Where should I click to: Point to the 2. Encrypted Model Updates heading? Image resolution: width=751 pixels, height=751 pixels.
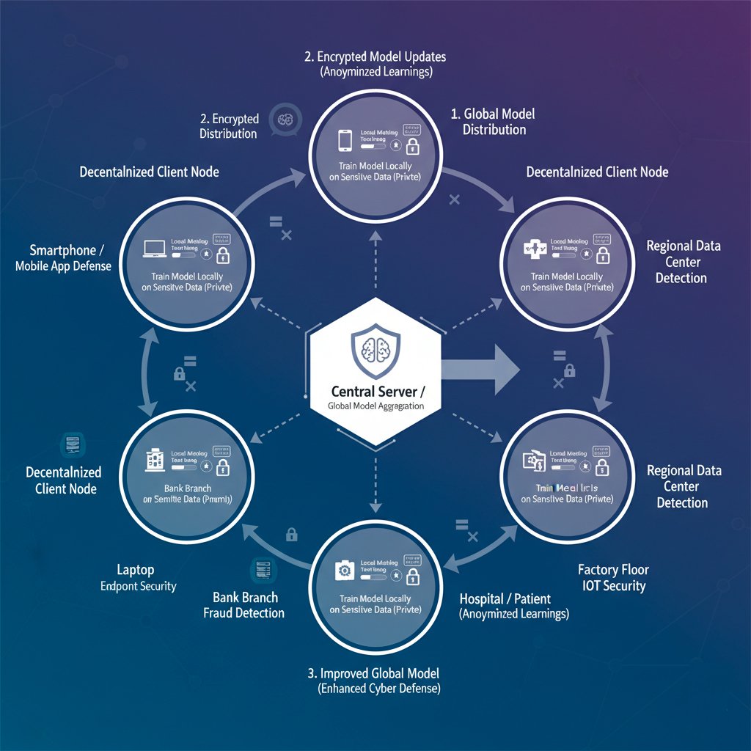click(375, 56)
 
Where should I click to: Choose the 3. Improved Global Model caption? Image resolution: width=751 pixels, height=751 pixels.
click(375, 673)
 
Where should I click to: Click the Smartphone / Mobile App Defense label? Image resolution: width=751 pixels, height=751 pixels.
click(63, 257)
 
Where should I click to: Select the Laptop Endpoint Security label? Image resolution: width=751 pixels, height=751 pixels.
click(138, 577)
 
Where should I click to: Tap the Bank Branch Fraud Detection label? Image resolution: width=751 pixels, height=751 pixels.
click(243, 605)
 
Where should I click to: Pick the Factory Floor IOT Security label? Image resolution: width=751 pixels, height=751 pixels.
click(613, 577)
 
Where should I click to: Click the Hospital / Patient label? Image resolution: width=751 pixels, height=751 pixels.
click(504, 598)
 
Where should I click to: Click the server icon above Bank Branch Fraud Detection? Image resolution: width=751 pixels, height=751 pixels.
click(260, 570)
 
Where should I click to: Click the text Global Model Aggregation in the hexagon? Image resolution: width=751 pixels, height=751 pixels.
click(375, 406)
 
